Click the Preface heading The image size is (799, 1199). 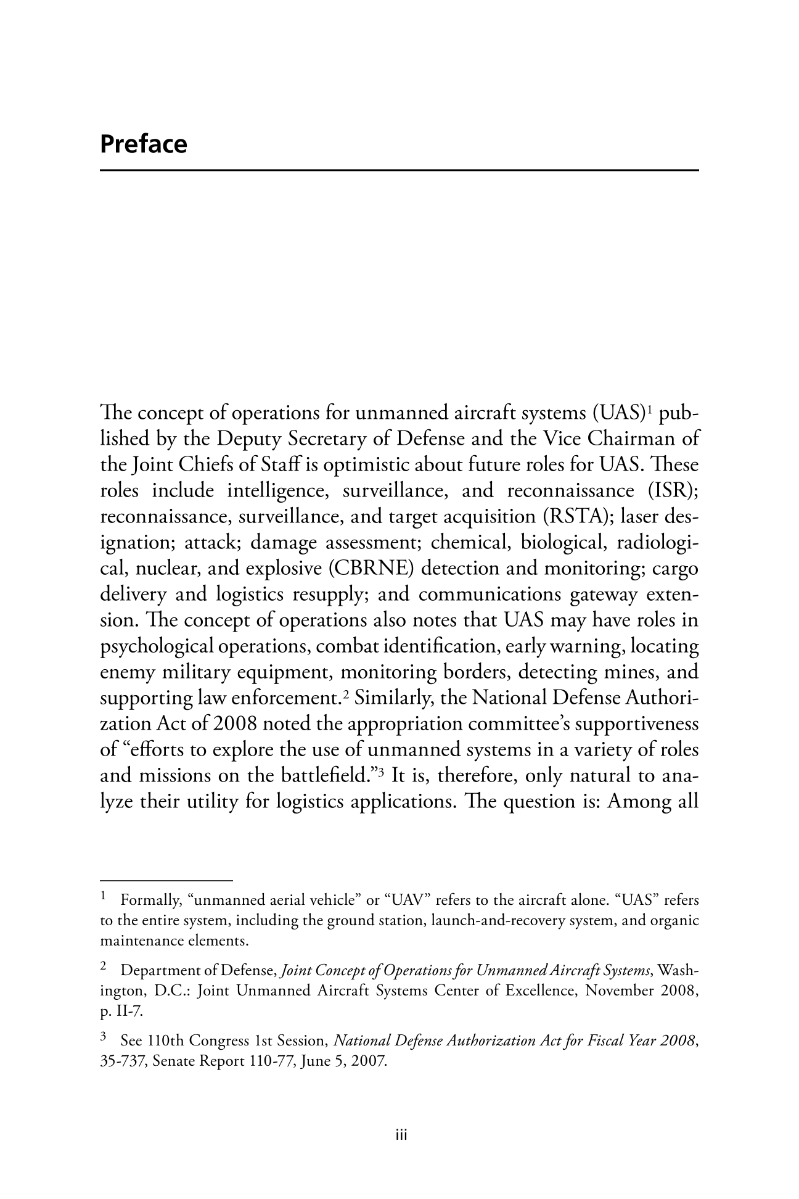click(143, 144)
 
